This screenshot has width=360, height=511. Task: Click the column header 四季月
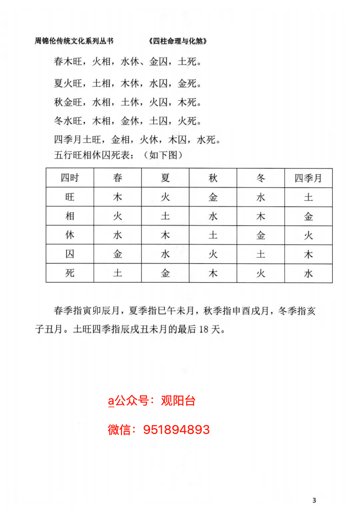tap(308, 178)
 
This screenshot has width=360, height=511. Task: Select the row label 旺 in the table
tap(70, 197)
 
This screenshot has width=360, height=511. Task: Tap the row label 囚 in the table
tap(70, 254)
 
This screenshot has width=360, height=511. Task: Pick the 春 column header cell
tap(118, 178)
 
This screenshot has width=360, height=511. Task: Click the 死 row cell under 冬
tap(261, 274)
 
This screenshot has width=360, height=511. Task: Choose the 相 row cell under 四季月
tap(308, 216)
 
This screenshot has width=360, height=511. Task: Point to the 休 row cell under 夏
tap(165, 235)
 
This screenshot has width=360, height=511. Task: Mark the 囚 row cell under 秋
tap(213, 254)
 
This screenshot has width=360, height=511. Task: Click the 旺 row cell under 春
tap(118, 197)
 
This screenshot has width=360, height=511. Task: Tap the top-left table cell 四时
tap(70, 178)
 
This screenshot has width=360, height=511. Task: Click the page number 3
tap(314, 500)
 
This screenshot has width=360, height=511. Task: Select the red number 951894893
tap(176, 430)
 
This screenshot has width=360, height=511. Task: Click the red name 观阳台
tap(178, 401)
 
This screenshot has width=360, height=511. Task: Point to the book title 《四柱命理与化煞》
tap(178, 41)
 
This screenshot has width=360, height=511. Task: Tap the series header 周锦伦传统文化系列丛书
tap(74, 41)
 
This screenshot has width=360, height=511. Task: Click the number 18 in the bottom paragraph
tap(204, 330)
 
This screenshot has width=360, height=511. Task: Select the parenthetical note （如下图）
tap(163, 155)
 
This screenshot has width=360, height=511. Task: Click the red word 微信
tap(119, 430)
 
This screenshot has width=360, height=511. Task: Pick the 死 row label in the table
tap(70, 273)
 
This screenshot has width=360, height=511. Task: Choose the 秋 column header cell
tap(213, 178)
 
